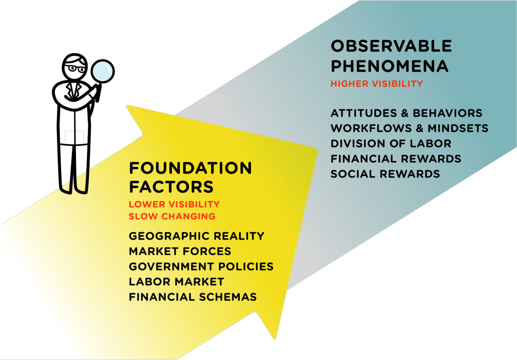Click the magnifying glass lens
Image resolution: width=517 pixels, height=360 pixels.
coord(103,71)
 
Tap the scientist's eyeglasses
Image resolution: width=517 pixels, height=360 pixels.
coord(75,69)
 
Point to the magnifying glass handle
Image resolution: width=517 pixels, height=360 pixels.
coord(99,93)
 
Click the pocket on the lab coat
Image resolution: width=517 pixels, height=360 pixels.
coord(74,137)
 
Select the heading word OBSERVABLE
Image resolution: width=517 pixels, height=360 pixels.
coord(391,46)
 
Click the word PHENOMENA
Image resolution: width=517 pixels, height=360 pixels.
coord(390,66)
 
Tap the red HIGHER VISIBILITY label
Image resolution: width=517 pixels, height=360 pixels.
coord(377,84)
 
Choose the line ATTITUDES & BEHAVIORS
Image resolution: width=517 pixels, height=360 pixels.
coord(407,113)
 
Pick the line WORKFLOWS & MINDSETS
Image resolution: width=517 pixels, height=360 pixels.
coord(409,128)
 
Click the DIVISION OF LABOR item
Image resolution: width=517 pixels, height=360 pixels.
coord(391,143)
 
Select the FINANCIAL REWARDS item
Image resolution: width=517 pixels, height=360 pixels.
coord(396,159)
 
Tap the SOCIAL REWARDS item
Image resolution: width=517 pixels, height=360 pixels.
coord(385,174)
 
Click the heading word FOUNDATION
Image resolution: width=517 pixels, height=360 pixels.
coord(190,168)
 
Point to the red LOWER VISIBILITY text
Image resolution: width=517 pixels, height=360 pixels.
coord(174,204)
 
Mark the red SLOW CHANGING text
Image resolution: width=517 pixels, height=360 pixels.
coord(172,216)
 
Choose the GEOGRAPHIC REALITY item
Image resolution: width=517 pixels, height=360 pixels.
coord(196,236)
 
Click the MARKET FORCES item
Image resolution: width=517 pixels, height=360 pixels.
coord(180,251)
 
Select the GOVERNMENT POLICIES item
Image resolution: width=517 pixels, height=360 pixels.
coord(201,267)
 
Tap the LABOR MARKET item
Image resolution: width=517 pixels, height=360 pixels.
coord(176,282)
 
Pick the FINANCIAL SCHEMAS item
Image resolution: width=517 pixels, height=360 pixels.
coord(193,297)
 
